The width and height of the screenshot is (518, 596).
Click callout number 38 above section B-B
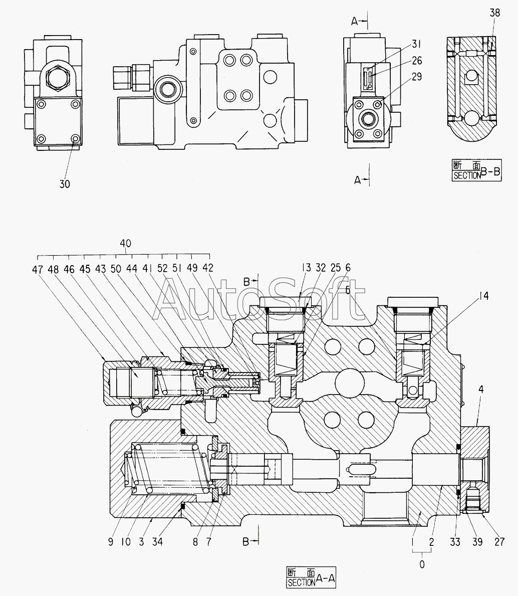[x=495, y=13]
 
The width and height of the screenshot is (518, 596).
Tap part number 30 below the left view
[x=65, y=184]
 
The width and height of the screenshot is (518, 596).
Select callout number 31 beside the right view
[x=417, y=44]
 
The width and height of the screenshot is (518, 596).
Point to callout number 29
[x=417, y=77]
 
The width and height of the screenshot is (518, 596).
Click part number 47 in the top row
[x=37, y=270]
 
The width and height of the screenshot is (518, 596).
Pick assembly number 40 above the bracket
[x=125, y=244]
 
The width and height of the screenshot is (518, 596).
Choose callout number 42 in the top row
[x=208, y=268]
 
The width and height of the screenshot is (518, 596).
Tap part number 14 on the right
[x=483, y=296]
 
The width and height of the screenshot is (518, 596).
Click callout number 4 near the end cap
[x=481, y=389]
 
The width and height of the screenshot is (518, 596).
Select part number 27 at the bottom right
[x=499, y=542]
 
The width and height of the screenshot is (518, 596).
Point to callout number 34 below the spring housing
[x=157, y=542]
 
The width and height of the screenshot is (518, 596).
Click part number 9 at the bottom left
[x=111, y=542]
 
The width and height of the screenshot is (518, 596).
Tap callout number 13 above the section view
[x=306, y=268]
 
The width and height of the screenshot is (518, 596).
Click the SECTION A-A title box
[x=312, y=577]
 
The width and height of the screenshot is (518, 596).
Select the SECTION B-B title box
[x=476, y=170]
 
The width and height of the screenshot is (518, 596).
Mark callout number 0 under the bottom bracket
[x=422, y=565]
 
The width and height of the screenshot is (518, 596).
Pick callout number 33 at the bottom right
[x=455, y=542]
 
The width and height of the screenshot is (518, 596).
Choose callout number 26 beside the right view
[x=417, y=61]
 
